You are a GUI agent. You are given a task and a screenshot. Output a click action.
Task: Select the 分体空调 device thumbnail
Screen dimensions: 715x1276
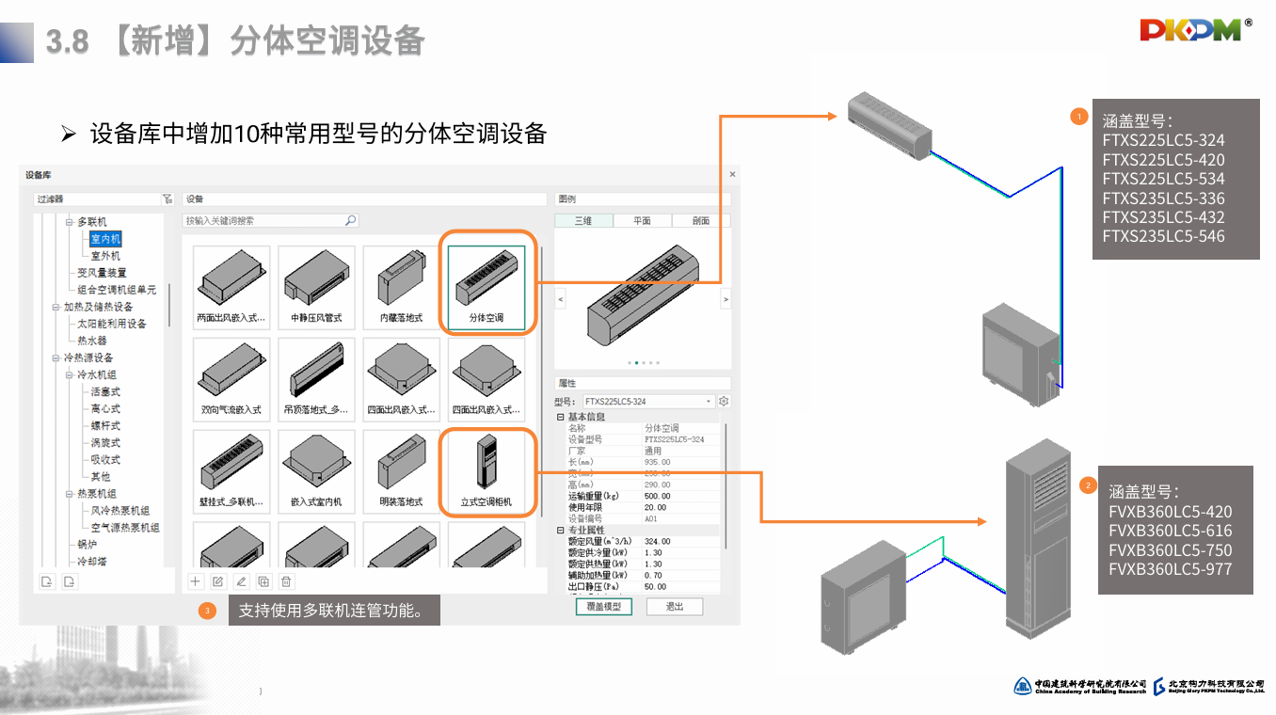click(486, 283)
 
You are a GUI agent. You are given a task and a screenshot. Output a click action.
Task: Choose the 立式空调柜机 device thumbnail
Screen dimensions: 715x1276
click(486, 468)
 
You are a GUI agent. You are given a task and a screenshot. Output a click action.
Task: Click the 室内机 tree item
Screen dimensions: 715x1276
click(105, 239)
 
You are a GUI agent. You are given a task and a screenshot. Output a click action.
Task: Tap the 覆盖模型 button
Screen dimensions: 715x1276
click(603, 607)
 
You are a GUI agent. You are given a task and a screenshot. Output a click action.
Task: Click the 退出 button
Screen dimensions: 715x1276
click(675, 607)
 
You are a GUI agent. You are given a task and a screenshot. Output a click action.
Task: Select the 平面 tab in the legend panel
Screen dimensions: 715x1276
click(642, 221)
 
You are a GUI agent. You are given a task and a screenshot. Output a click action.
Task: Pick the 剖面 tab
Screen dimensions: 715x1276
click(700, 221)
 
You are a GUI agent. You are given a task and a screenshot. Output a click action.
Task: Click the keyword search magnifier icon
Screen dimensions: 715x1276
click(350, 221)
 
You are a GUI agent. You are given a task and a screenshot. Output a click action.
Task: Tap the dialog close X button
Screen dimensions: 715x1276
click(732, 174)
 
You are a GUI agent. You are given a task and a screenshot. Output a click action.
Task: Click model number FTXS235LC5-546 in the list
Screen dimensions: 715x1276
click(1163, 236)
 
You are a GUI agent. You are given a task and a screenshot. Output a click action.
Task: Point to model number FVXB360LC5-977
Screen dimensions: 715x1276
click(1170, 569)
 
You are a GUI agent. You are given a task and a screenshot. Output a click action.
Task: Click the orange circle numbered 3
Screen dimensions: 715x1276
click(208, 611)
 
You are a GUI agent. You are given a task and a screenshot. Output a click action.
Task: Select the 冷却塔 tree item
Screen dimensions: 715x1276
click(92, 562)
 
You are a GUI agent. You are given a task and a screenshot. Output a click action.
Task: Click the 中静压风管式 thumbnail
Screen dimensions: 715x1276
click(316, 283)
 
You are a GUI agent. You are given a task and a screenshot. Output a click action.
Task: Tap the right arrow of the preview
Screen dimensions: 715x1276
click(725, 299)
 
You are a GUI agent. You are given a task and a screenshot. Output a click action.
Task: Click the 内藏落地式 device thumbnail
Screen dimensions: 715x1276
click(401, 283)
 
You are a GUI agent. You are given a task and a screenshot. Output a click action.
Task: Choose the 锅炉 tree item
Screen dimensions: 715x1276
click(87, 545)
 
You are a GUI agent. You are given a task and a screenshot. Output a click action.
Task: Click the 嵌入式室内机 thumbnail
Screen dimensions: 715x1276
click(316, 468)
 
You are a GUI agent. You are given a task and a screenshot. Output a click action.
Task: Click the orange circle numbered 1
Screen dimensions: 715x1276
click(1079, 117)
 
